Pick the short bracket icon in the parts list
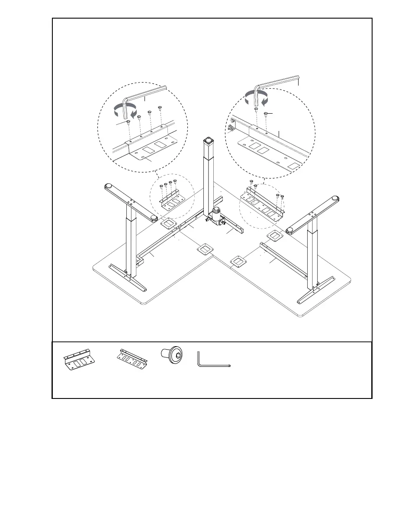click(79, 358)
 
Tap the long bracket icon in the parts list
click(132, 357)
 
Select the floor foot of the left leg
click(128, 279)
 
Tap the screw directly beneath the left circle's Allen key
click(129, 123)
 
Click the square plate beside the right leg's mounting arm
click(273, 236)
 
